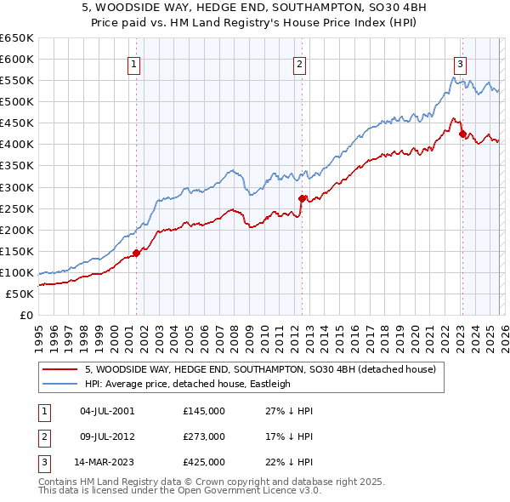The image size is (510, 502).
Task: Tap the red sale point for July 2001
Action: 136,253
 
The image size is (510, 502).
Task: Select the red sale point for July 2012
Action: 302,198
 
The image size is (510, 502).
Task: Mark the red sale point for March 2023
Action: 462,134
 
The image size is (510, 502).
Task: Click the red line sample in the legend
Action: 60,369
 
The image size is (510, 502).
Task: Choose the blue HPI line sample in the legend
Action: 60,384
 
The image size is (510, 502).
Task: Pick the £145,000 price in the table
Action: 204,411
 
